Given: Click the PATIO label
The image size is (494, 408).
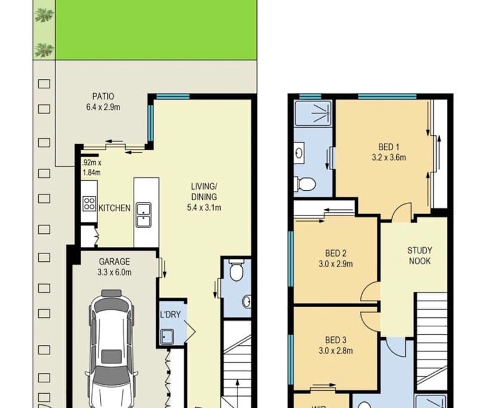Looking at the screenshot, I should click(103, 96).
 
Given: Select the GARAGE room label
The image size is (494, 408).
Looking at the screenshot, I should click(115, 261).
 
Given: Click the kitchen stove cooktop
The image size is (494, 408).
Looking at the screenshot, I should click(89, 203).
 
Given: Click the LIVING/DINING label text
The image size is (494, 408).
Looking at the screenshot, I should click(204, 191).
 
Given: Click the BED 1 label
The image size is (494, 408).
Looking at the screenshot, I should click(388, 147).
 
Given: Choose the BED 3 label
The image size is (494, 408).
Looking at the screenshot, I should click(335, 339).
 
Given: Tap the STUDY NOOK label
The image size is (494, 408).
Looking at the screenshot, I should click(419, 256).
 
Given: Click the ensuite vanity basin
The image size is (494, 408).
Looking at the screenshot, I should click(300, 152).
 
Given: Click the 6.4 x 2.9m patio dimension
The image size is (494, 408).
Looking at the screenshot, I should click(103, 107).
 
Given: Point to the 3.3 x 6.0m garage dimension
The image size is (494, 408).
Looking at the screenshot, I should click(115, 273).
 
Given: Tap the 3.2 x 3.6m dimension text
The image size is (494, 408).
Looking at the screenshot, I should click(388, 158).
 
